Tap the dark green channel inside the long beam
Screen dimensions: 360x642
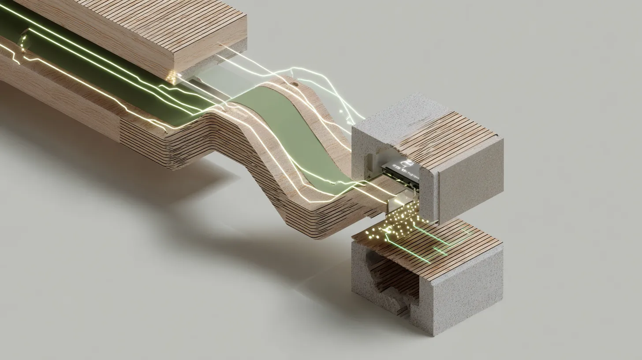tap(88, 62)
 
